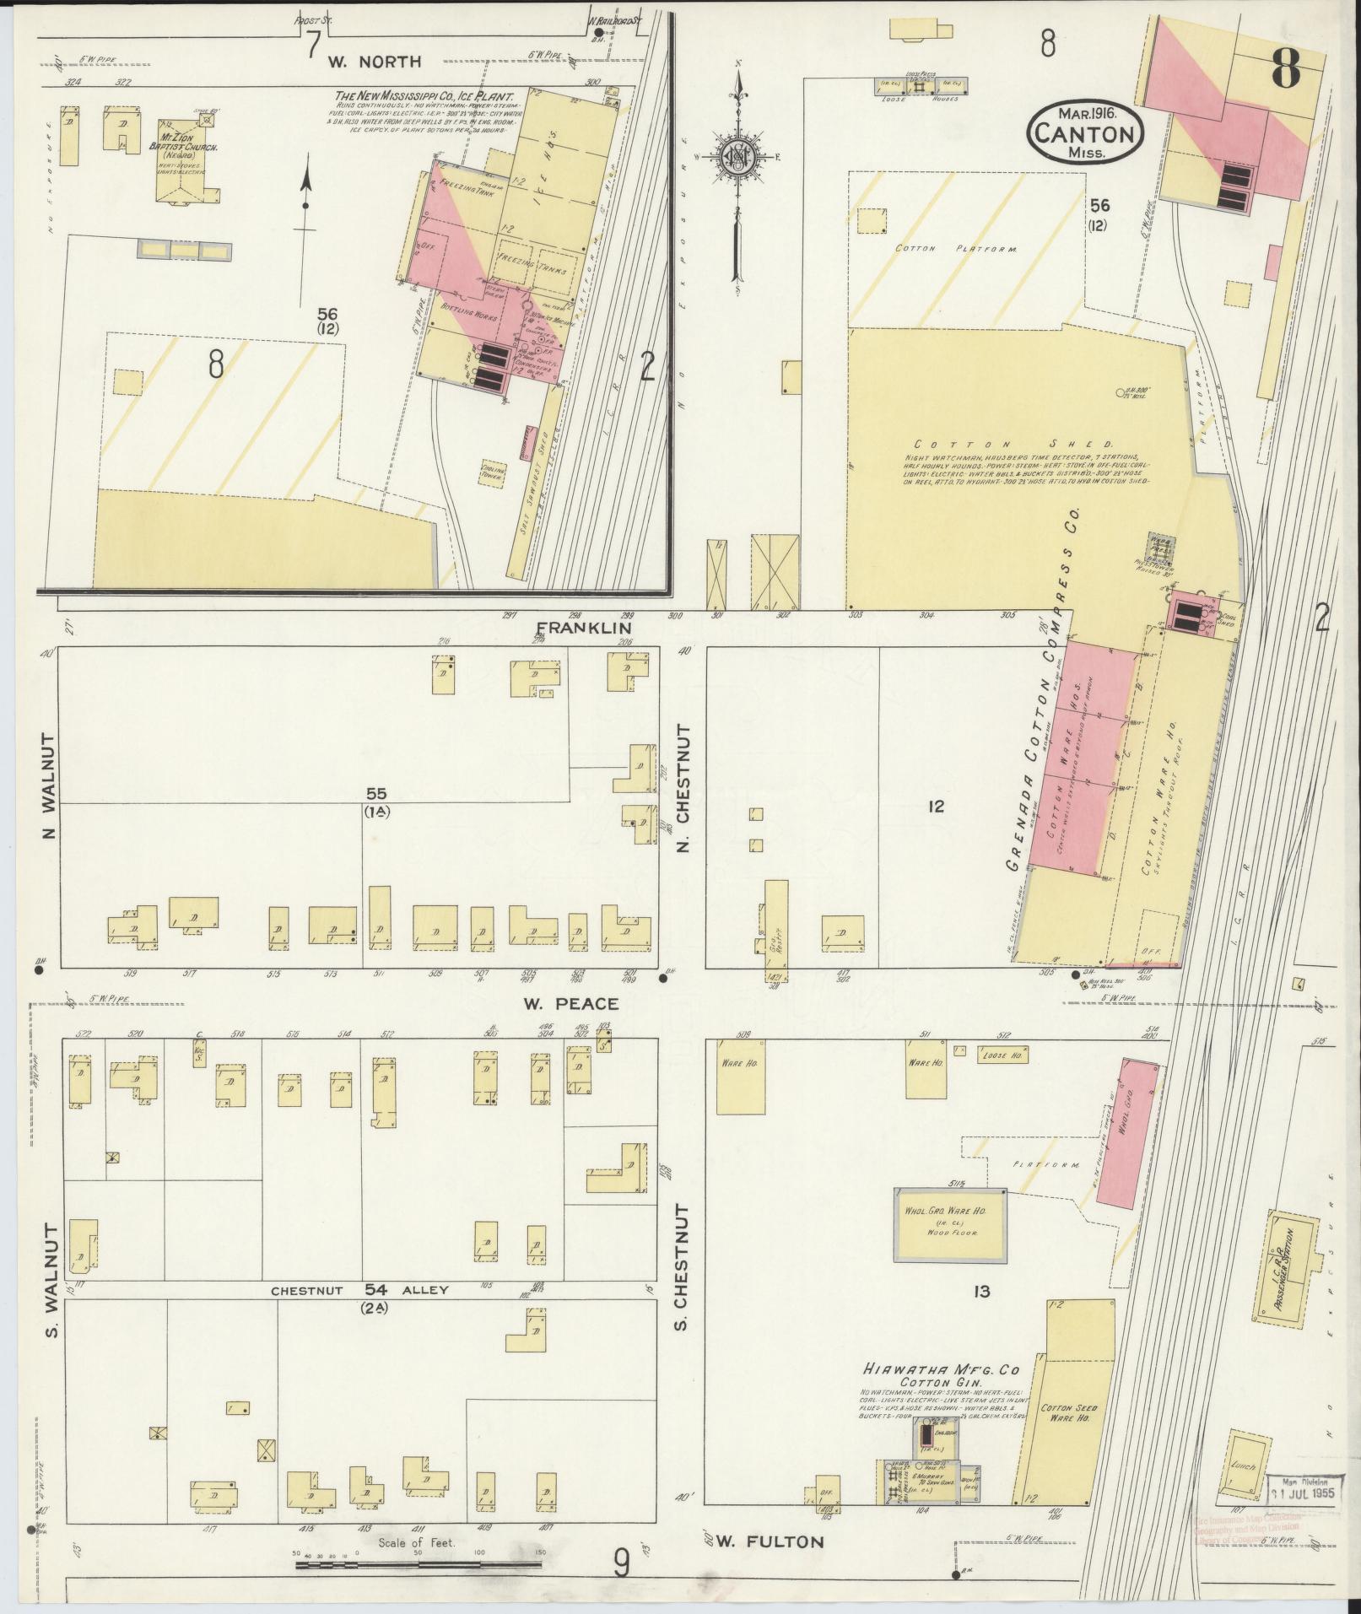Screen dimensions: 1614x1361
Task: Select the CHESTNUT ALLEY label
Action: click(360, 1314)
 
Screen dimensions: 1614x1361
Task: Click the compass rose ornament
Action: click(737, 157)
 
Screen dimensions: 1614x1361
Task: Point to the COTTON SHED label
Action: click(1013, 445)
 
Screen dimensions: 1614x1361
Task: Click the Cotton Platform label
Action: click(956, 251)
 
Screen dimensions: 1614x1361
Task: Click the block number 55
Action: click(376, 794)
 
